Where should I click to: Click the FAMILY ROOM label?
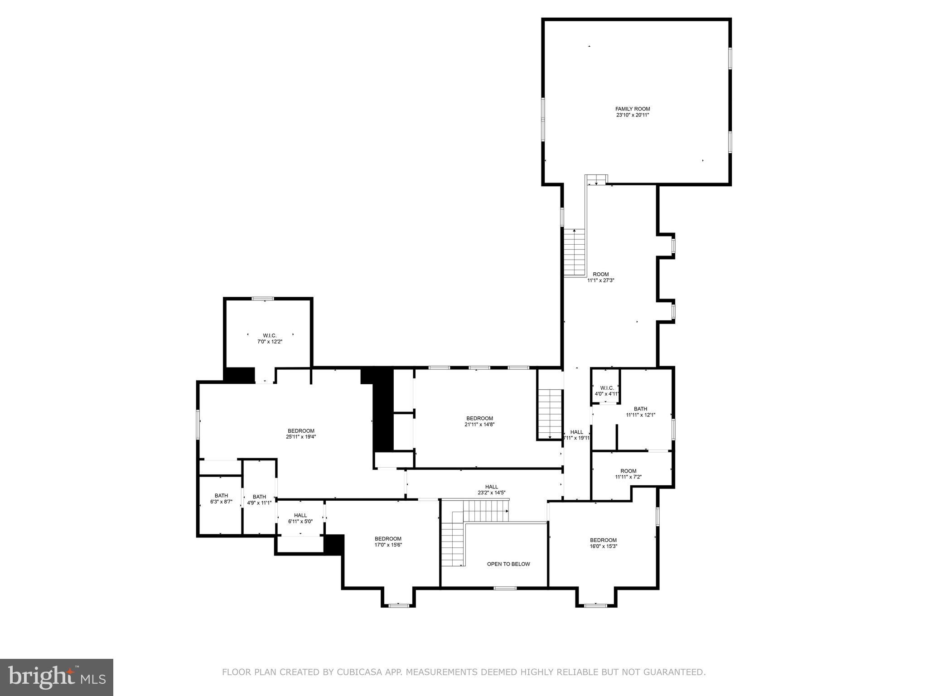click(x=632, y=109)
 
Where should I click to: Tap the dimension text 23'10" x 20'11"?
click(x=632, y=115)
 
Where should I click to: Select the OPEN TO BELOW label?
click(x=508, y=564)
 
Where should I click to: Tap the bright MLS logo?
click(x=57, y=677)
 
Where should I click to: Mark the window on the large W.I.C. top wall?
click(x=263, y=299)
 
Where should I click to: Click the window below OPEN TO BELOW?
click(x=505, y=588)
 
